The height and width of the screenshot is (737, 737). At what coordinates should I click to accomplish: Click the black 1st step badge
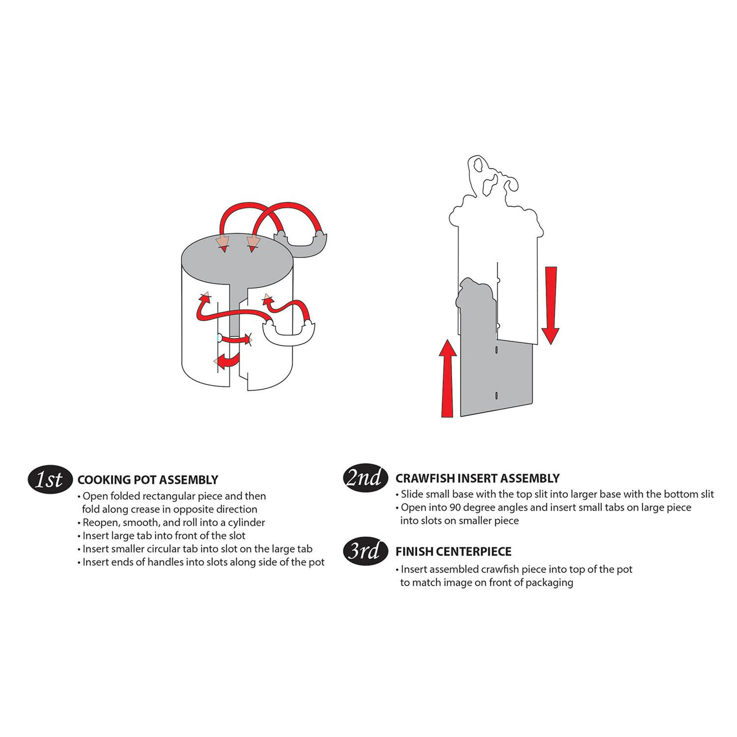(50, 480)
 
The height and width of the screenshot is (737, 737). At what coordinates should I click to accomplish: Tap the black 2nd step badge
(364, 478)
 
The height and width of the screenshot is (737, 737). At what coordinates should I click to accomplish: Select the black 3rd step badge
(364, 551)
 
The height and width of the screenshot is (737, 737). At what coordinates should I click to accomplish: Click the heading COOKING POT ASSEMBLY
(147, 480)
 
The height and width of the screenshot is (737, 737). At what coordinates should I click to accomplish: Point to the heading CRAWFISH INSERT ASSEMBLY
(477, 478)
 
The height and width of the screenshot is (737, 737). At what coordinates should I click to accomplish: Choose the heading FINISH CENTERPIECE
(453, 552)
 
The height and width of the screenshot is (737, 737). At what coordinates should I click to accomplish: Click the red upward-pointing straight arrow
(447, 378)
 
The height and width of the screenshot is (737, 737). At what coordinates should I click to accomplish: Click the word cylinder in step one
(246, 522)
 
